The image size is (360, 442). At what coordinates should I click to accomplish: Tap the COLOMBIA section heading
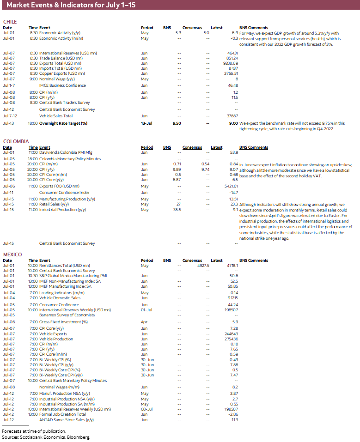pyautogui.click(x=16, y=141)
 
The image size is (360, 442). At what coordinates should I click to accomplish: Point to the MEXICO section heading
pyautogui.click(x=12, y=254)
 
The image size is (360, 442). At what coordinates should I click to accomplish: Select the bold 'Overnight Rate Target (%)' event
pyautogui.click(x=69, y=123)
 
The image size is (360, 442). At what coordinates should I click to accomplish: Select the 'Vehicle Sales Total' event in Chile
pyautogui.click(x=56, y=116)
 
